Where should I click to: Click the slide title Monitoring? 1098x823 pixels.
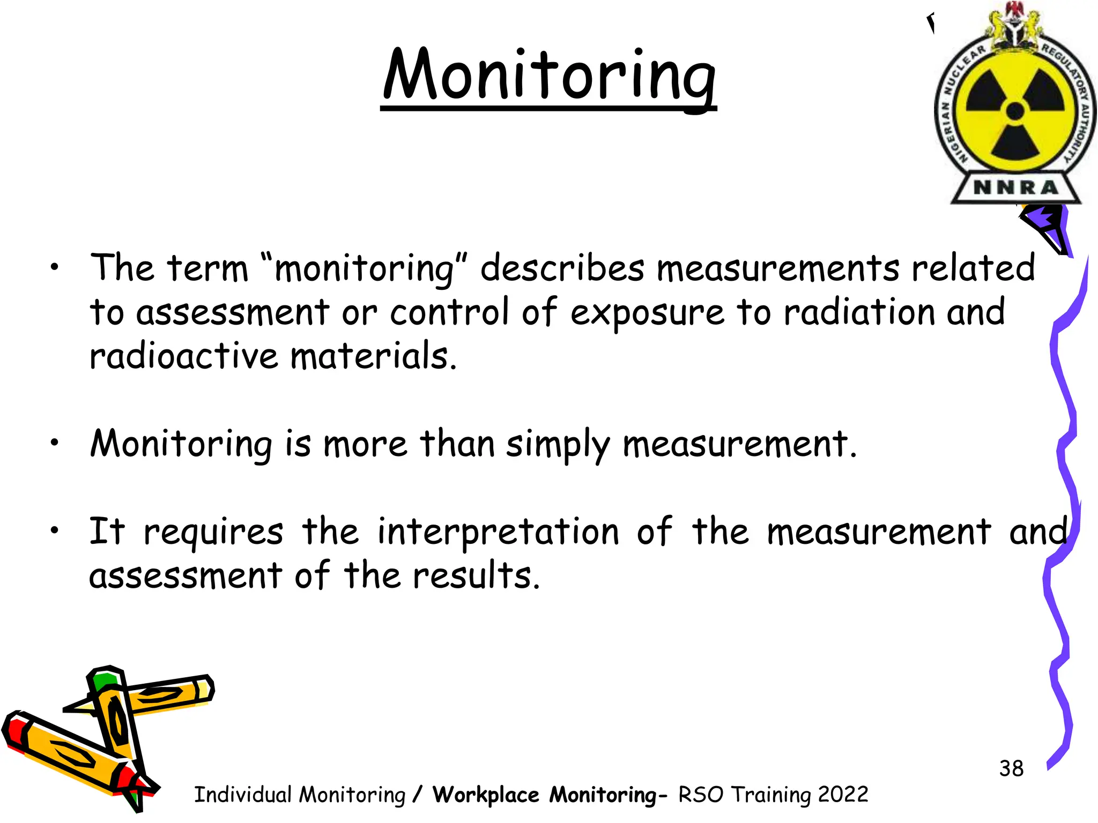click(549, 75)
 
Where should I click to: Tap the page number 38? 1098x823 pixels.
click(1011, 768)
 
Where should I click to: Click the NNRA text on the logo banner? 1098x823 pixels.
click(1015, 188)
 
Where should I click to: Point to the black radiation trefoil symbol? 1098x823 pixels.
click(1015, 111)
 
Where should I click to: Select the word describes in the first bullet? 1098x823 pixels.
click(562, 267)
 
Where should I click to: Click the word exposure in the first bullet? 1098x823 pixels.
click(647, 313)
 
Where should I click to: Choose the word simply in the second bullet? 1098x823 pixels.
click(558, 445)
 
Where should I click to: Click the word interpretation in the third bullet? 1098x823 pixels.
click(498, 532)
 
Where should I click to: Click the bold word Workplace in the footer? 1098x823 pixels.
click(486, 795)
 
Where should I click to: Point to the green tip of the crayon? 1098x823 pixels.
click(104, 680)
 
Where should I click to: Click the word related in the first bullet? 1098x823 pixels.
click(973, 267)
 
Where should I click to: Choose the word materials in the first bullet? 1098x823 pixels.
click(374, 356)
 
